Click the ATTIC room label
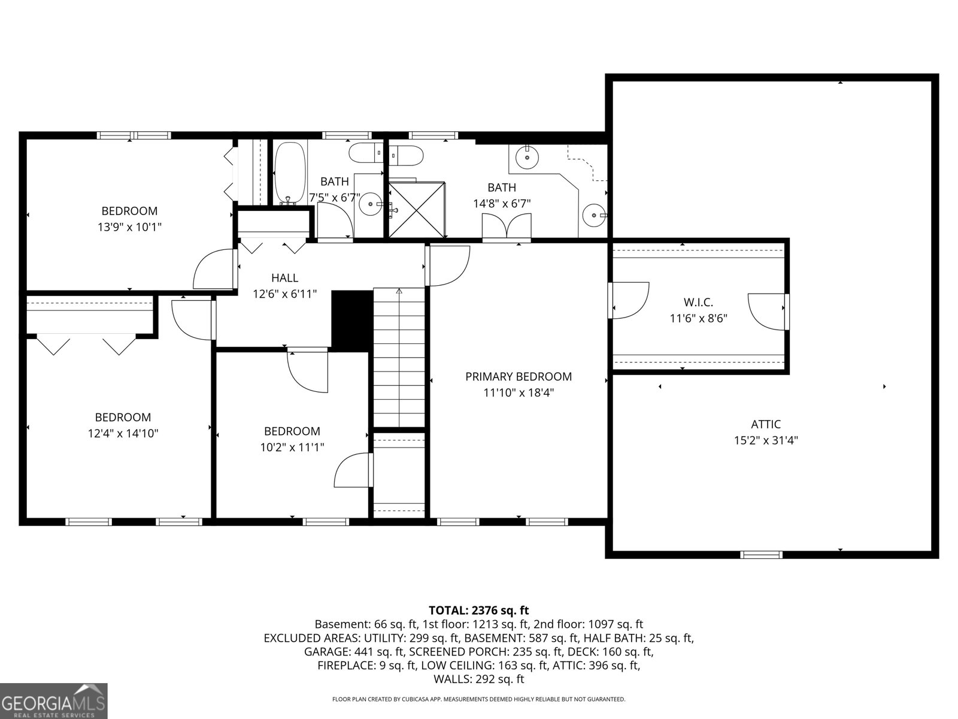click(766, 424)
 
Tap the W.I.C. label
click(698, 303)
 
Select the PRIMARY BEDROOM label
click(519, 376)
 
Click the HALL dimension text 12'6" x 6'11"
click(284, 294)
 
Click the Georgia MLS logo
click(54, 700)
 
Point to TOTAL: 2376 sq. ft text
click(479, 611)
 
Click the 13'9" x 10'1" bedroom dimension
click(129, 227)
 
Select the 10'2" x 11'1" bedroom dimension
click(292, 447)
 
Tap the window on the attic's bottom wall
click(761, 554)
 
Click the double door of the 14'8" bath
click(507, 227)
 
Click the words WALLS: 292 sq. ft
click(479, 679)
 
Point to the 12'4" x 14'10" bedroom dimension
click(123, 433)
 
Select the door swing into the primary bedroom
click(448, 265)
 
